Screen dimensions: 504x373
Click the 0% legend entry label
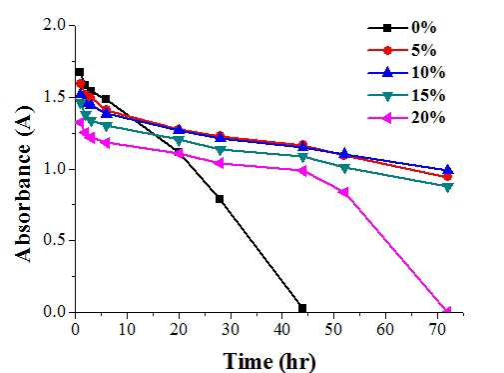point(423,28)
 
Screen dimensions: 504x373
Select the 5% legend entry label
point(423,50)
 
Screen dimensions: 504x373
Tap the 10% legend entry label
point(428,73)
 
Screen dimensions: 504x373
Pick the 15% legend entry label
point(428,95)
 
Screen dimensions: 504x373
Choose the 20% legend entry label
point(428,118)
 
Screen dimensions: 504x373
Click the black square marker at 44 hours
point(302,308)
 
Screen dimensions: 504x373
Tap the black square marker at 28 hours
point(220,199)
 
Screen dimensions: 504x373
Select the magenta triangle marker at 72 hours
point(446,311)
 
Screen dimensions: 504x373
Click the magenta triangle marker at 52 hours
point(344,192)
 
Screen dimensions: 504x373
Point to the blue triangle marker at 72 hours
point(447,169)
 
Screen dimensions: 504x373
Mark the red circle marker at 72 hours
point(447,177)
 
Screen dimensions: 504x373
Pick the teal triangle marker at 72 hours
point(448,188)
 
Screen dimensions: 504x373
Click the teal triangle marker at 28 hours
point(220,151)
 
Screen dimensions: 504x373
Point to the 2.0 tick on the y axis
point(73,25)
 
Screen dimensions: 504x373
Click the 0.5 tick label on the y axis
point(55,240)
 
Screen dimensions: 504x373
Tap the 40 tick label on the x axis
point(282,330)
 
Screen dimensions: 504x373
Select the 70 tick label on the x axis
point(437,330)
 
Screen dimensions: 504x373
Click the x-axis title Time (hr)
point(269,362)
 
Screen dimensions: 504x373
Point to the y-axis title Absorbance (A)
point(24,184)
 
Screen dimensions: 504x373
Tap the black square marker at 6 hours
point(106,99)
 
